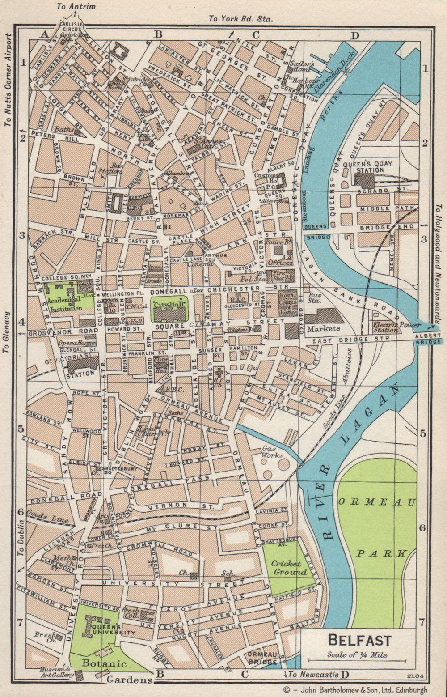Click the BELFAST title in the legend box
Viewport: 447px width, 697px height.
359,640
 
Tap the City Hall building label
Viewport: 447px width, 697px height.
169,304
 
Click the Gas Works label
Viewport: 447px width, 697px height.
272,451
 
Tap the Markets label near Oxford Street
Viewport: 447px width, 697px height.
323,328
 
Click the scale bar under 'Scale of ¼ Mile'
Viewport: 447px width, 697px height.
357,660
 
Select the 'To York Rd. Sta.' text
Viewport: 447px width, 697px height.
240,18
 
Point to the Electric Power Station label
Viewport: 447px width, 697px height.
392,327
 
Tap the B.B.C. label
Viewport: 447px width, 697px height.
174,390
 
